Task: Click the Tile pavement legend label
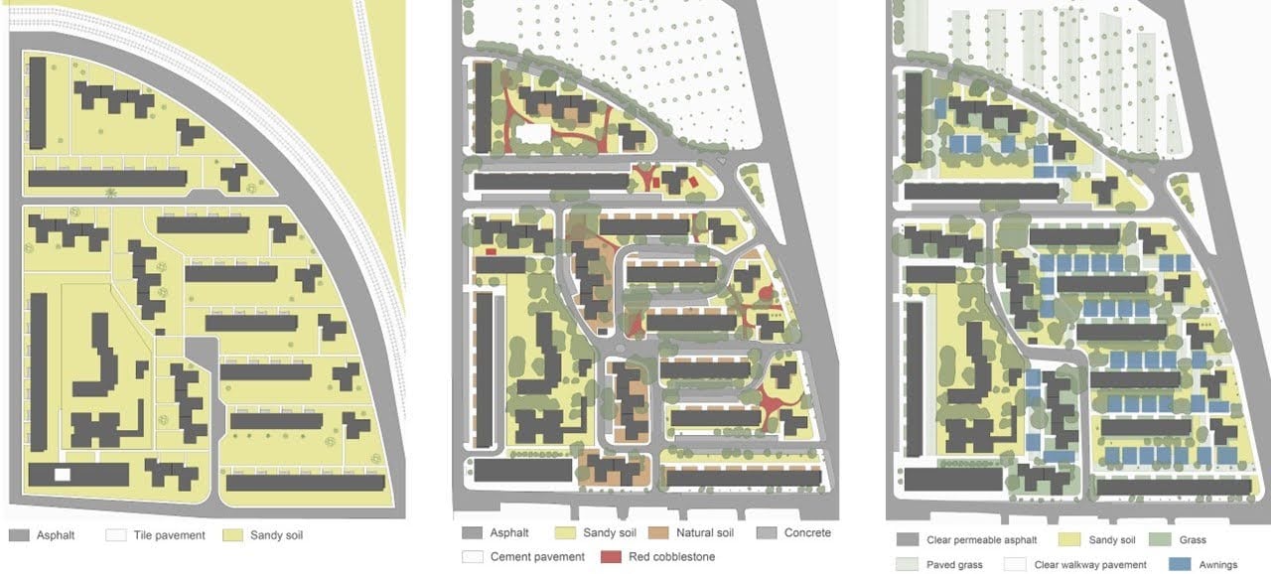tap(170, 535)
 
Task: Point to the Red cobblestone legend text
tap(671, 557)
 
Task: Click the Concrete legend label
tap(807, 533)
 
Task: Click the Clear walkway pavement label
tap(1090, 565)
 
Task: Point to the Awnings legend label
tap(1217, 565)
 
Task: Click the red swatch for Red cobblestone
tap(611, 557)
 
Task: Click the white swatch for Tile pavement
tap(116, 535)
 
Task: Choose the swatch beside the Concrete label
tap(766, 533)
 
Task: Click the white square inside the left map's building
tap(62, 476)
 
